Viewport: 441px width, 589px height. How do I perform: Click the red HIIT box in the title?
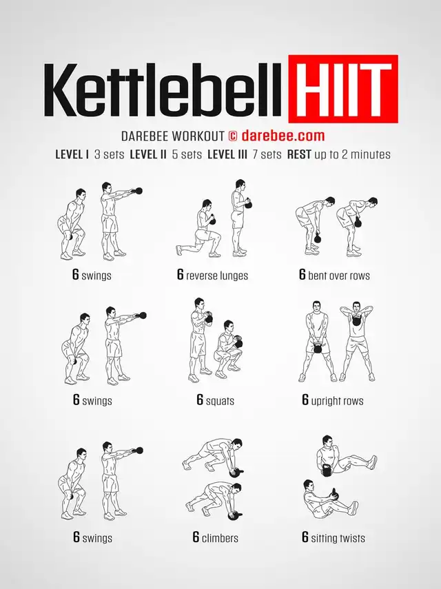(343, 89)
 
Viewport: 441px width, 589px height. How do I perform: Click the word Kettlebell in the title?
(163, 90)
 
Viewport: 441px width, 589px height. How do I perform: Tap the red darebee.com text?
(283, 135)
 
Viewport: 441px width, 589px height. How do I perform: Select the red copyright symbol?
(233, 136)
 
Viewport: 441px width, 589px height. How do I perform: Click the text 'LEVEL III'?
(227, 154)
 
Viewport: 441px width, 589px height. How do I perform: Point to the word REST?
(299, 154)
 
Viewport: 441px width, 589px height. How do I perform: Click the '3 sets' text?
(109, 154)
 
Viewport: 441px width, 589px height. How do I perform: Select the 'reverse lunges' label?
(217, 276)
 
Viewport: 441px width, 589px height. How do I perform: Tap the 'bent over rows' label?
(339, 276)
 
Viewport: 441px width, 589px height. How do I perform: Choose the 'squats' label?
(220, 401)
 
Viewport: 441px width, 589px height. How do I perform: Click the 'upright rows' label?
(338, 401)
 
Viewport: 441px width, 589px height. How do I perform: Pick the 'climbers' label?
(220, 538)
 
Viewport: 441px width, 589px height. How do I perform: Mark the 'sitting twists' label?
(338, 538)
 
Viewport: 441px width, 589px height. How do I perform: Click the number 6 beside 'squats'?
(200, 400)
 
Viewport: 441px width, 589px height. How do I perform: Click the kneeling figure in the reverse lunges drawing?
(200, 230)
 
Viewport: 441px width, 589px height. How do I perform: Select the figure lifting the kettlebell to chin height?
(357, 341)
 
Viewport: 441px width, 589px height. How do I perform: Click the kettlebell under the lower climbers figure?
(234, 515)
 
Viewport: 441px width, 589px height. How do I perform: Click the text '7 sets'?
(267, 154)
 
